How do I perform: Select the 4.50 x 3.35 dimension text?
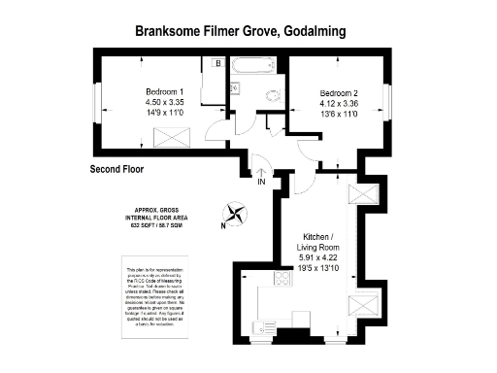click(x=164, y=103)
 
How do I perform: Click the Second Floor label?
click(x=116, y=169)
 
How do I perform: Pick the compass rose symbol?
click(x=234, y=213)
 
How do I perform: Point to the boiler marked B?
click(x=217, y=64)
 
